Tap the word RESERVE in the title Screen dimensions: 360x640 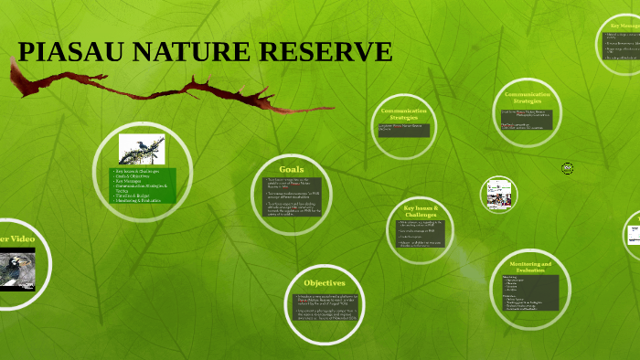point(325,52)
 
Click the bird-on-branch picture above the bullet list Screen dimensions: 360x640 point(142,149)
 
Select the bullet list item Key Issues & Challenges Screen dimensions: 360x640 point(137,172)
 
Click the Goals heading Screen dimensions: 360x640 point(291,169)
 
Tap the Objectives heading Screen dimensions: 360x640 point(324,282)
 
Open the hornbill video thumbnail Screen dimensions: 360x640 point(16,271)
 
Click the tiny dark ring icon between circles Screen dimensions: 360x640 point(567,168)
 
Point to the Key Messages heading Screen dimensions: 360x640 point(624,26)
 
